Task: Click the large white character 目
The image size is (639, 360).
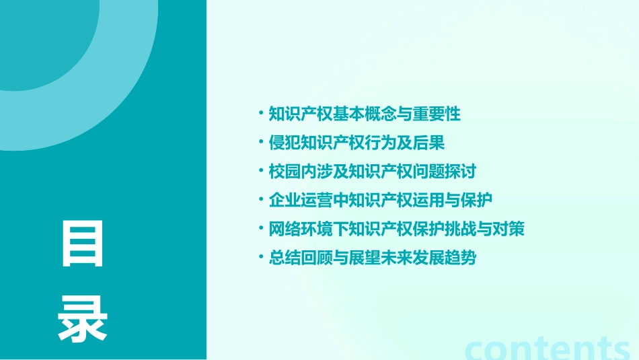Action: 83,244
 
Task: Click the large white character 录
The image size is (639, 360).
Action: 83,318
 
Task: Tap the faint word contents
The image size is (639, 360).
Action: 548,347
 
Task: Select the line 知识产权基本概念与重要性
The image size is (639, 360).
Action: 365,114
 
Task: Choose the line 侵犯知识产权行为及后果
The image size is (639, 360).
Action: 356,143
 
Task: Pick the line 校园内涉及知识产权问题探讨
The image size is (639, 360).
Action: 372,172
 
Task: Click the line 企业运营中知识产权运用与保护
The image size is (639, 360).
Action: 381,201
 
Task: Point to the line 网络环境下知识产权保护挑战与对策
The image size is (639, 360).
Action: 396,229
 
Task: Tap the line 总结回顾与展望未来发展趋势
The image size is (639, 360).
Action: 372,258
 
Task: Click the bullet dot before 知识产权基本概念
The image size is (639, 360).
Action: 261,113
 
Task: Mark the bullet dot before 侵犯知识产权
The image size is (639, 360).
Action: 261,142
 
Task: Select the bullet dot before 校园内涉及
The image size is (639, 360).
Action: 261,171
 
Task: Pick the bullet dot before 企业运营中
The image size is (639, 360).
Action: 261,200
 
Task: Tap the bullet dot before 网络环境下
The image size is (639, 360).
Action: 261,229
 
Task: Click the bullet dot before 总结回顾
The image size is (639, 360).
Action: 261,258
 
